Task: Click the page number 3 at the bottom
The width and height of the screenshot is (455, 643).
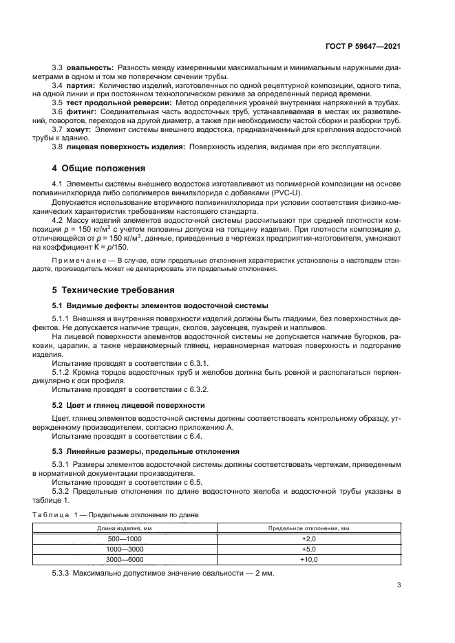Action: coord(399,586)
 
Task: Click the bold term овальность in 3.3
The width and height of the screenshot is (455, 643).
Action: coord(89,69)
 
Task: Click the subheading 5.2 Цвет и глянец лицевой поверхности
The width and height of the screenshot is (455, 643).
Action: coord(129,406)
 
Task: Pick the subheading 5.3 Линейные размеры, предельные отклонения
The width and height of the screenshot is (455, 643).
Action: coord(146,451)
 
